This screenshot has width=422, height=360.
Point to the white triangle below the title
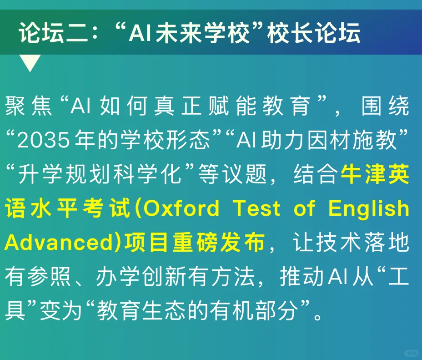31,63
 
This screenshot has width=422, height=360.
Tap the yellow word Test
257,208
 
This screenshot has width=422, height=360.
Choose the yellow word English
369,208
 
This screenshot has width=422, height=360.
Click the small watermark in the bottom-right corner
411,352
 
